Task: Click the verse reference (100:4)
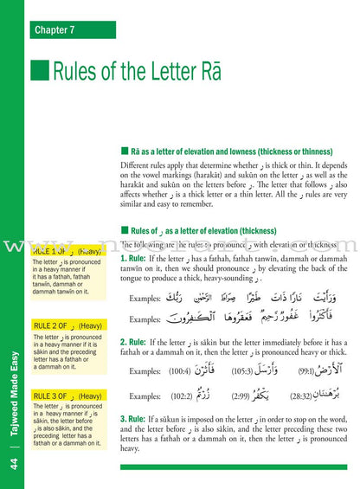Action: [x=180, y=371]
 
